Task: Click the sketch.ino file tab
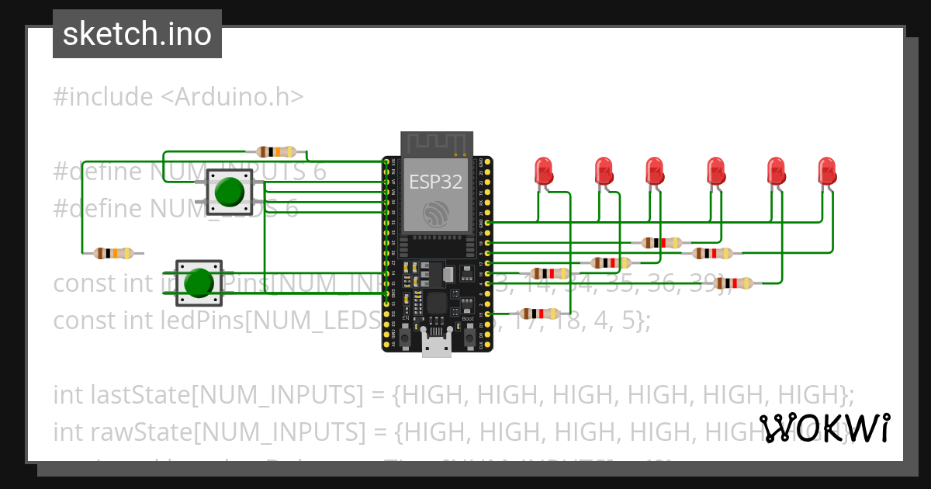[137, 34]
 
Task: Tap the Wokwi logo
[824, 428]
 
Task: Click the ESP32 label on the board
[435, 182]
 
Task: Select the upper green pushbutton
[229, 192]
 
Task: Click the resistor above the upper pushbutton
[276, 151]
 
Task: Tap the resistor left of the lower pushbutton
[113, 253]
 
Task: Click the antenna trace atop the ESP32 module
[436, 143]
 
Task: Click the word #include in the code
[103, 97]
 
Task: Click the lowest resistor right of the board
[539, 314]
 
